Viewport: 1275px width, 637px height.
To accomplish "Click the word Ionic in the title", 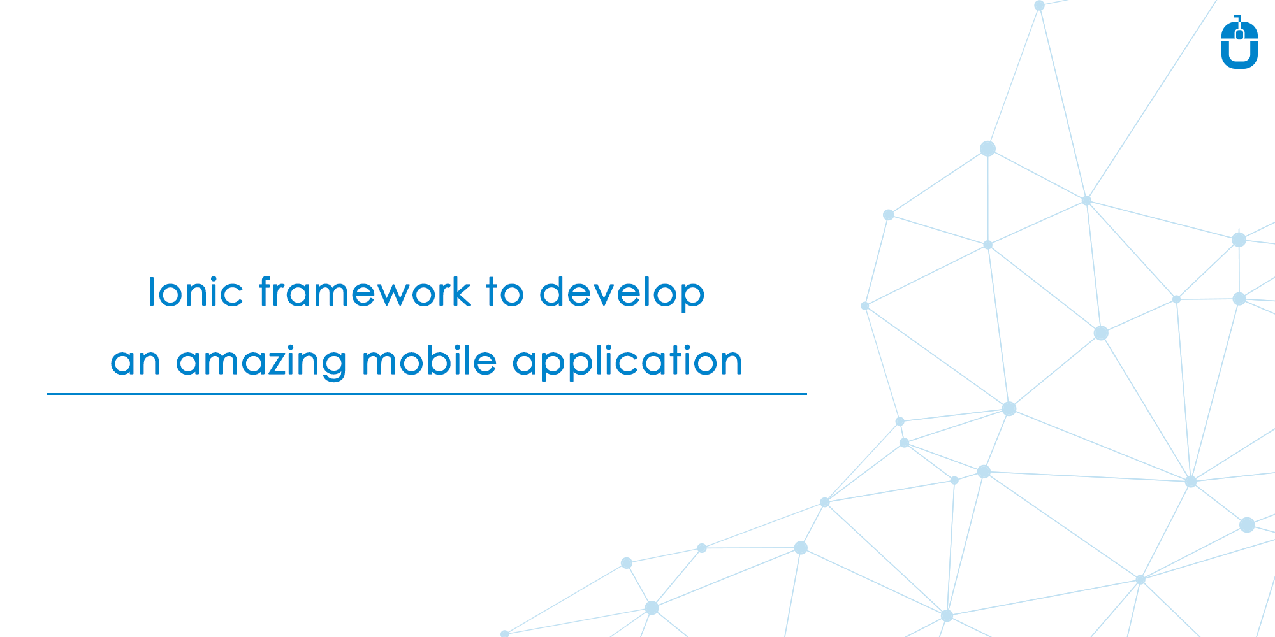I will click(195, 292).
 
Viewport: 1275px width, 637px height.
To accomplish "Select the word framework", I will click(365, 292).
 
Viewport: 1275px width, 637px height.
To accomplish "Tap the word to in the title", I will click(504, 292).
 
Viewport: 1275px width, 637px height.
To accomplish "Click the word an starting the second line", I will click(135, 362).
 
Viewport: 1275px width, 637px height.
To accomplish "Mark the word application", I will click(627, 362).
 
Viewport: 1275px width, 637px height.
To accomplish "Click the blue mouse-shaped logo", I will click(1239, 43).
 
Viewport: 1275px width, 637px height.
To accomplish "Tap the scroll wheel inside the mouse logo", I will click(1239, 34).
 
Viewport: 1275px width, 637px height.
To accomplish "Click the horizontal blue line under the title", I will click(427, 394).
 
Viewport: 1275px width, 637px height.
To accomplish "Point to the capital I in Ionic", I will click(151, 292).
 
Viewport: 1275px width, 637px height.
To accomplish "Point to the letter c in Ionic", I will click(233, 294).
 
